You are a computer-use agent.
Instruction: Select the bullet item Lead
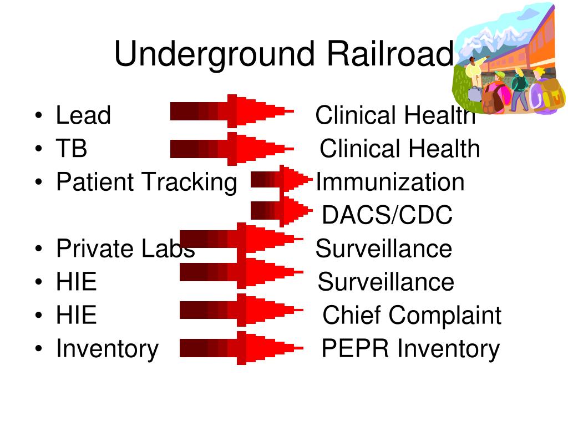click(x=83, y=115)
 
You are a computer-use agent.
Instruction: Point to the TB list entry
click(x=72, y=149)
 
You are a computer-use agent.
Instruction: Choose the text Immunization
click(x=390, y=182)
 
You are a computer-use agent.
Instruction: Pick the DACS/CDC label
click(x=387, y=215)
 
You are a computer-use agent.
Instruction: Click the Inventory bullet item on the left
click(x=107, y=348)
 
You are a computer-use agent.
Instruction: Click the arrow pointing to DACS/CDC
click(x=281, y=211)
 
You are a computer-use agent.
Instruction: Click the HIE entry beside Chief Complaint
click(x=76, y=315)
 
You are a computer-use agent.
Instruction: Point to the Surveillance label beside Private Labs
click(x=383, y=248)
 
